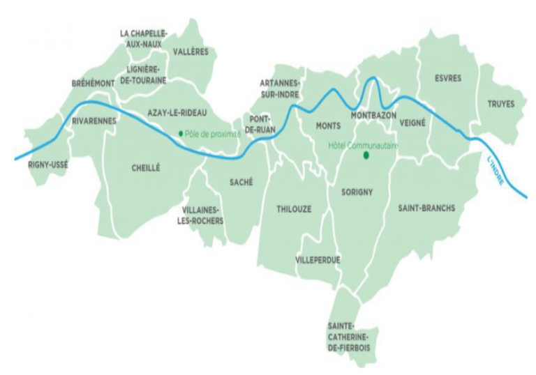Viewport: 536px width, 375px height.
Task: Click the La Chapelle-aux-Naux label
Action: point(144,38)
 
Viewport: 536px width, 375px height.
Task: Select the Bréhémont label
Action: point(93,83)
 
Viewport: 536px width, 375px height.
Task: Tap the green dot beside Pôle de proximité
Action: point(181,132)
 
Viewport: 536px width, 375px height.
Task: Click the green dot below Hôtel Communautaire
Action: point(364,156)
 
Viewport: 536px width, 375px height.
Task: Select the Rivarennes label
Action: point(94,121)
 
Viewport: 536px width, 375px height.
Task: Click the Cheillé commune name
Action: point(146,167)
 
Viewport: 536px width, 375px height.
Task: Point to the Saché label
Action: point(241,182)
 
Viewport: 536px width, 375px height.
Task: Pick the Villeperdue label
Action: point(318,260)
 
